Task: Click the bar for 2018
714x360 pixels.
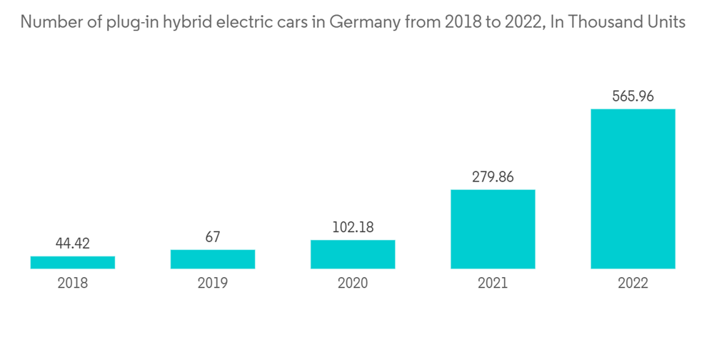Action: pos(73,262)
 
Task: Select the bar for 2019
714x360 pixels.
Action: pos(213,259)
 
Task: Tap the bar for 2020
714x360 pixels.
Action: pos(353,254)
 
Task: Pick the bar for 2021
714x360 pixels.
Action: pos(493,229)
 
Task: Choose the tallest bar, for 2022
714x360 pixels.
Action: pos(633,189)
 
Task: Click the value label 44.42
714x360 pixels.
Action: pos(73,244)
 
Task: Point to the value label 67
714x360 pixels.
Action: pos(213,237)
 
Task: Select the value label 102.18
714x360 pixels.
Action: pos(353,228)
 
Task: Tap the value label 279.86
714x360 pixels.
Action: pos(493,176)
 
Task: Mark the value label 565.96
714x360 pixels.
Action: pos(633,96)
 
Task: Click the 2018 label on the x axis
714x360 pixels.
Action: pos(73,284)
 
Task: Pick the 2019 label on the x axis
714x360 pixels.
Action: pos(213,284)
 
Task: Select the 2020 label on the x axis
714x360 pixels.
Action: pos(353,284)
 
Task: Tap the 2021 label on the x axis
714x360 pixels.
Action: pos(493,284)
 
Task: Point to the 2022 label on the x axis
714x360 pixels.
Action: pos(633,284)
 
